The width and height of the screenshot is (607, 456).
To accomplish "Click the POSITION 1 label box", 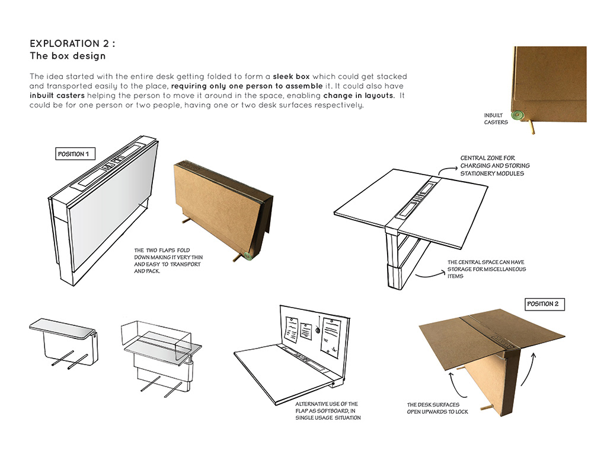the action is coord(74,154).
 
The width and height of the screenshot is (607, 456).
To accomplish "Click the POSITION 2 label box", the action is coord(542,304).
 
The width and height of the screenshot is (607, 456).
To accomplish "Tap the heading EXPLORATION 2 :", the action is coord(73,44).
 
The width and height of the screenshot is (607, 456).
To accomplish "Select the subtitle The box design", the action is coord(68,56).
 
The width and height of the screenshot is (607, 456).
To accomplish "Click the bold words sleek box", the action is coord(291,77).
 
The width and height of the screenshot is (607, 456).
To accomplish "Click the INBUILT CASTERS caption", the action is coord(496,119).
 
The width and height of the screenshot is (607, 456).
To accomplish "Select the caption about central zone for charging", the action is coord(495,166).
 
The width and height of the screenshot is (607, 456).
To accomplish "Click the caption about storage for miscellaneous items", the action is coord(486,269).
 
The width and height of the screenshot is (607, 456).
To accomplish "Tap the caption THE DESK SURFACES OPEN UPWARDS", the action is coord(437,408).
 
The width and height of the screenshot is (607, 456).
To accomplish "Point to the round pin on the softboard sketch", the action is coord(319,330).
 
